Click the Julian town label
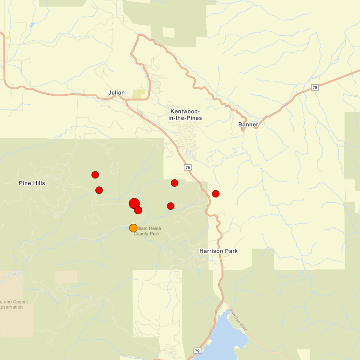[117, 93]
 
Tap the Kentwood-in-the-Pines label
[186, 115]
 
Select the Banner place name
[248, 125]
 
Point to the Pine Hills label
[32, 183]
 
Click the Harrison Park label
[218, 251]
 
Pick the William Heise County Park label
[148, 231]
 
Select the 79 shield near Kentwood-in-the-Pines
[188, 167]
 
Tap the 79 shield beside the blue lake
[197, 350]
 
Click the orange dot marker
[133, 228]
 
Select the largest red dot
[134, 203]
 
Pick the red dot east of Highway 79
[216, 193]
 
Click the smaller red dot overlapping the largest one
[138, 210]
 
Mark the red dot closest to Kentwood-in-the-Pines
[174, 183]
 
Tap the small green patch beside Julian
[139, 94]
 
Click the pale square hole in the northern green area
[168, 32]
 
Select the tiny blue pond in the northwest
[32, 25]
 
